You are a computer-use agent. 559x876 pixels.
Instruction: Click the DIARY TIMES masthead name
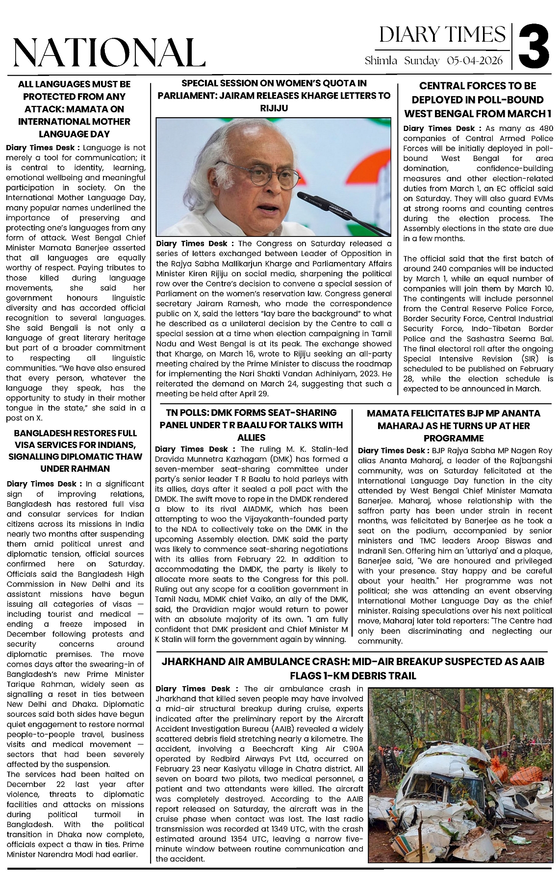(x=442, y=35)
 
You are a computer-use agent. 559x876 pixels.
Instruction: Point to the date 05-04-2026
(x=475, y=61)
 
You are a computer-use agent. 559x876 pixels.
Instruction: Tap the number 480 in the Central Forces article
(x=544, y=129)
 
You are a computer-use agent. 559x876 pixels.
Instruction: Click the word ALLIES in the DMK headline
(x=252, y=438)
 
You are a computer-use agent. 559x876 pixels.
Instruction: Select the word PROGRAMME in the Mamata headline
(x=454, y=438)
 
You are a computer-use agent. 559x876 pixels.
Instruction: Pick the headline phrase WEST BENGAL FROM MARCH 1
(x=478, y=113)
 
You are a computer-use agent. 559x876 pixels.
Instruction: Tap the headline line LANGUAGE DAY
(x=74, y=134)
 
